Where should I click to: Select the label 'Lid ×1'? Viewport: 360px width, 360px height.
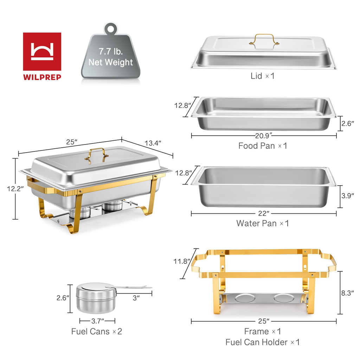[x=262, y=76]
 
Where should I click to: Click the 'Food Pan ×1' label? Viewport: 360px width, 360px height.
[x=263, y=146]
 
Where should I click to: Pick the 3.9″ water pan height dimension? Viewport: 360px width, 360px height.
[x=347, y=195]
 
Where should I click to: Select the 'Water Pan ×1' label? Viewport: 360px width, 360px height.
[x=262, y=223]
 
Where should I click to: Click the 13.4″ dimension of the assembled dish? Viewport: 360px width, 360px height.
[x=153, y=143]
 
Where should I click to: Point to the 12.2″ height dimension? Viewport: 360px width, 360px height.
[x=15, y=188]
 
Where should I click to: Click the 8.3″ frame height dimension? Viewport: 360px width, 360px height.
[x=347, y=293]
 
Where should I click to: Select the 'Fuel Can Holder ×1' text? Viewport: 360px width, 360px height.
[x=262, y=342]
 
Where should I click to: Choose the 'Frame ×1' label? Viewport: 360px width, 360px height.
[x=262, y=331]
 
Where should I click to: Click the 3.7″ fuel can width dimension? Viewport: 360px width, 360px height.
[x=97, y=321]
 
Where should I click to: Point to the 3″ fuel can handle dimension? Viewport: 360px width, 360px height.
[x=136, y=297]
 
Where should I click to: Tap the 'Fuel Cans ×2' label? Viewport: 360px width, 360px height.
[x=97, y=331]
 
